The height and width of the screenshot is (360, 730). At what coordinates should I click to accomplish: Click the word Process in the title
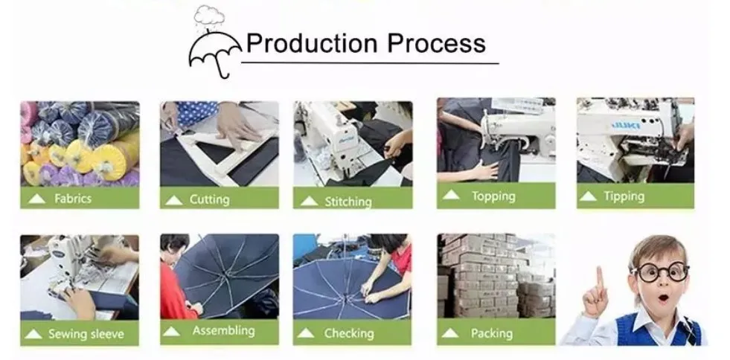439,43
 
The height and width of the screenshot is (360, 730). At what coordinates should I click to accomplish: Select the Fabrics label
73,199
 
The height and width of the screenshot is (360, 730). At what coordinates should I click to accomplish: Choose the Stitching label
348,202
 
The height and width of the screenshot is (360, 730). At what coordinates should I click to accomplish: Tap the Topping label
493,196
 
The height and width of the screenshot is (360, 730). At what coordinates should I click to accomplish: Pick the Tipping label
624,196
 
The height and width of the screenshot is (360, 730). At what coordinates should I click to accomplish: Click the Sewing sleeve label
86,334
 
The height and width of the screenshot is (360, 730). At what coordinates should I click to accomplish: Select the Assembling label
222,331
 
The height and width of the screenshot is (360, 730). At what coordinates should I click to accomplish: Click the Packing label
491,333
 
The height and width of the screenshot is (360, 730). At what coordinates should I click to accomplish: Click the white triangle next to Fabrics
34,199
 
